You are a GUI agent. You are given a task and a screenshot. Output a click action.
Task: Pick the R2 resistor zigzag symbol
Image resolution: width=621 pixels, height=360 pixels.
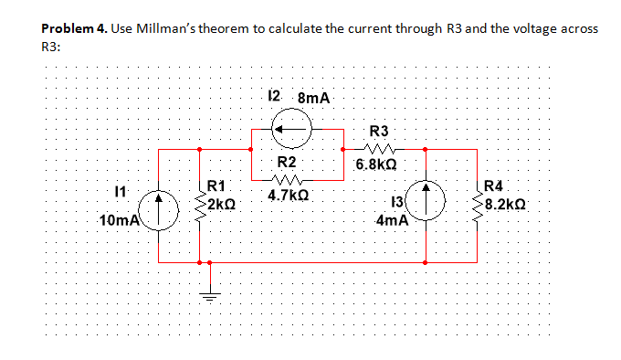(288, 179)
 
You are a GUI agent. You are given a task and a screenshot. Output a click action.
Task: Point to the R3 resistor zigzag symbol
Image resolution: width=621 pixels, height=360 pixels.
(377, 149)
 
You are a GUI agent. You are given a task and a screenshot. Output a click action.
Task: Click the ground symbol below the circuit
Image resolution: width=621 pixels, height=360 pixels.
(209, 296)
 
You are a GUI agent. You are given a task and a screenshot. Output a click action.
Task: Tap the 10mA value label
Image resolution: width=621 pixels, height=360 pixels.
(119, 220)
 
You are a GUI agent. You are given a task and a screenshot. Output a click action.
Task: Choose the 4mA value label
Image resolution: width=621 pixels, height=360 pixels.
(391, 220)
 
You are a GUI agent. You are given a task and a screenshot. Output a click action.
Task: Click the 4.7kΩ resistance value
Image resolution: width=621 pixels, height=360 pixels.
(289, 195)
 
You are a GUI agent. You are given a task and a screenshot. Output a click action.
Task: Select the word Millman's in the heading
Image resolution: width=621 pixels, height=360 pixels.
(174, 29)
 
